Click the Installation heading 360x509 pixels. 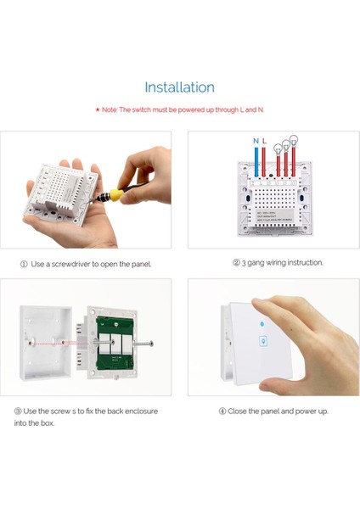pos(179,87)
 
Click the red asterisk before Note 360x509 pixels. pos(98,110)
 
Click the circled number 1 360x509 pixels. pos(24,264)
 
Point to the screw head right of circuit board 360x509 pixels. pos(151,345)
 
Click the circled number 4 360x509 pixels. pos(222,411)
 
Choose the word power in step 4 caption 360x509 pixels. pos(307,411)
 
